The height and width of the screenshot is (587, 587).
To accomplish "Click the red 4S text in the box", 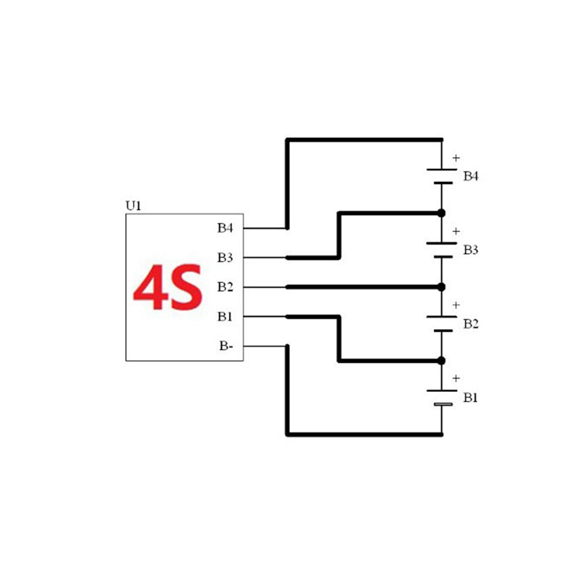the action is point(168,288).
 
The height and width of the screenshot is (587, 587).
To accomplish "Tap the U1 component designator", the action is point(133,206).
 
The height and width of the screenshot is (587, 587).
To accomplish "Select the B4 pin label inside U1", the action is point(225,228).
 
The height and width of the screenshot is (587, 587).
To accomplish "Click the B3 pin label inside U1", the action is point(225,257).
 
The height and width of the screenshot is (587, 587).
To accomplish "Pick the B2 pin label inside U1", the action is point(225,287).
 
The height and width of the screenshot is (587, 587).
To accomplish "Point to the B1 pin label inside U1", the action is point(225,317).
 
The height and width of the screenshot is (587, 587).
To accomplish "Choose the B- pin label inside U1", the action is point(226,346).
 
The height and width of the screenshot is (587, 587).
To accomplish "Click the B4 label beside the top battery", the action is point(471,176).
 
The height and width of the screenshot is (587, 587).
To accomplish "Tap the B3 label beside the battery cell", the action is point(471,250).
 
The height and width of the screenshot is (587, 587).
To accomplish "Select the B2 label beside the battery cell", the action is point(471,324).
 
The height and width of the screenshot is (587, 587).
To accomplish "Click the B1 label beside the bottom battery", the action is point(471,398).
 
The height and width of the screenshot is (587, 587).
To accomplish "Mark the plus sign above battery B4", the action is point(456,158).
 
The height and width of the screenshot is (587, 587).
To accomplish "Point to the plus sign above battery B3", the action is point(456,231).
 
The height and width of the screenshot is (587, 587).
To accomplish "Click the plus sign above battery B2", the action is point(456,305).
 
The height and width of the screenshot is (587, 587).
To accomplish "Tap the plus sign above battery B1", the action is point(456,378).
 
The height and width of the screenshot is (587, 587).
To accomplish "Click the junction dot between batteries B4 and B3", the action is point(441,213).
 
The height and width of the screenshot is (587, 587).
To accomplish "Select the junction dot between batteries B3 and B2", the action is point(441,287).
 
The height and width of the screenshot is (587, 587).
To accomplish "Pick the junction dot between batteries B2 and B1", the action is point(441,361).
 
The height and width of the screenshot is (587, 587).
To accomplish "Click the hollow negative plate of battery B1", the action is point(444,404).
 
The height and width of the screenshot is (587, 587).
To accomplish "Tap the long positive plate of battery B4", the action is point(442,170).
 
